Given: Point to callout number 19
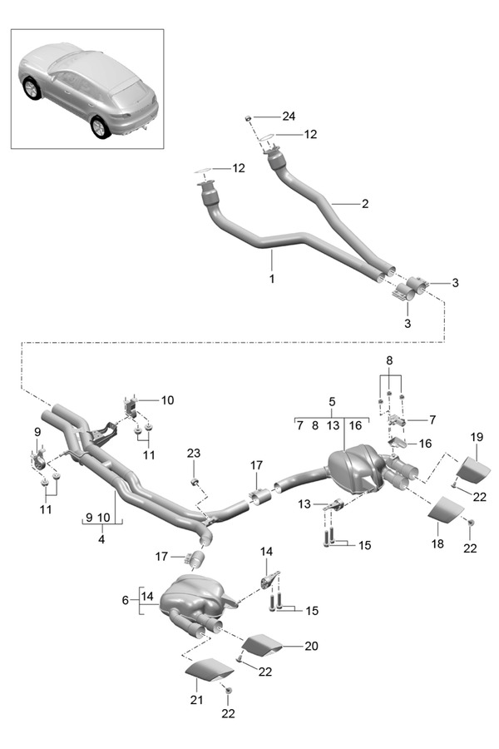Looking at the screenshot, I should point(477,437).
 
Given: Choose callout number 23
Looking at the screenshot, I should point(194,454).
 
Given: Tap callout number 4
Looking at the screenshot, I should point(102,538).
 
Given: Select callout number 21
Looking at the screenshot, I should point(196,700).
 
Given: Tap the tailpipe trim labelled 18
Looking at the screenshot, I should point(447,510).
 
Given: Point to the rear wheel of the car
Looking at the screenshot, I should point(100,126).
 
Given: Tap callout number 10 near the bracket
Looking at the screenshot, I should point(167,400).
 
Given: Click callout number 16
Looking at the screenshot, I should point(425,444).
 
